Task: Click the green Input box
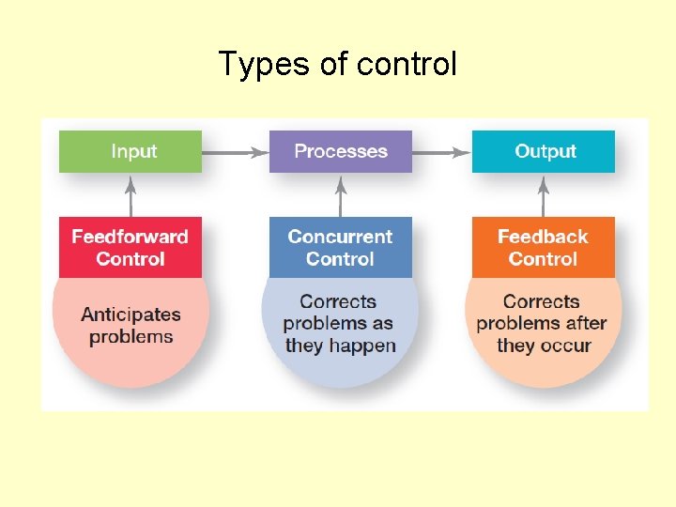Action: pos(131,151)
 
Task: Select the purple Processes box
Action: pos(341,151)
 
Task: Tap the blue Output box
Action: pos(544,151)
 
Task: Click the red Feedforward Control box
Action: pos(131,248)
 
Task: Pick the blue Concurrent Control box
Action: pos(341,248)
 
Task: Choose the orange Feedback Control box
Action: pos(544,248)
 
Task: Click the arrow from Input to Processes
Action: pos(235,151)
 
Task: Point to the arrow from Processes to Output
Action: pos(441,151)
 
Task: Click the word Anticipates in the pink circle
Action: pos(131,315)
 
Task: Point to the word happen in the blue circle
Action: pos(365,346)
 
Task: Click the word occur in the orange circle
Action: pos(565,346)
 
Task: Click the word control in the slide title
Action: pos(407,64)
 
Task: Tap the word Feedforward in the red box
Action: pos(131,237)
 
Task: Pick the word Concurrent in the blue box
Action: pos(341,237)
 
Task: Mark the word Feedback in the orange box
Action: pos(543,237)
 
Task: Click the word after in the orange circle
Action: pos(584,324)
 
